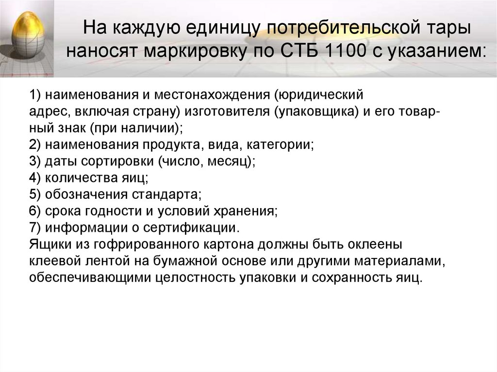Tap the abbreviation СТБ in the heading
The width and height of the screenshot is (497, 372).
pyautogui.click(x=291, y=50)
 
